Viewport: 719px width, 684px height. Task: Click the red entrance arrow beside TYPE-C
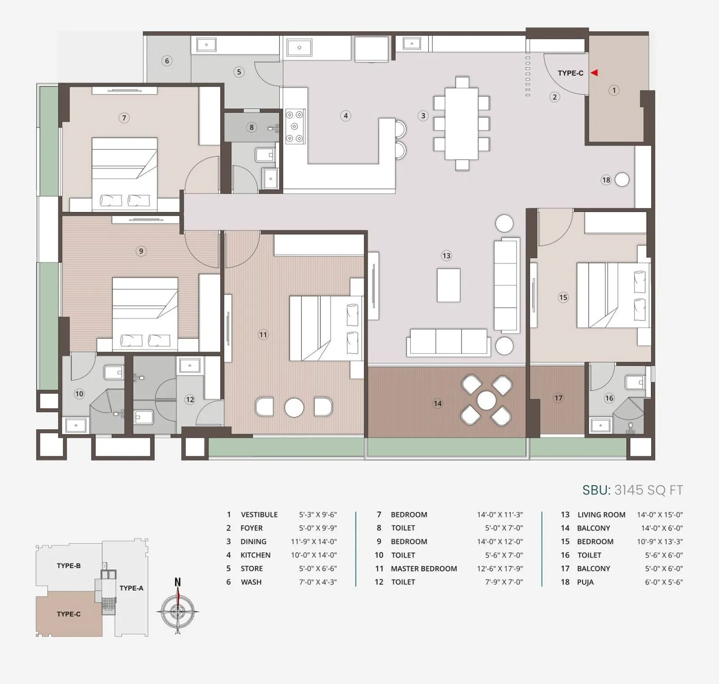(x=594, y=72)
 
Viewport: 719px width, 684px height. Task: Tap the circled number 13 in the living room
(x=446, y=256)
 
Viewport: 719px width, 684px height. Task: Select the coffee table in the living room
(x=448, y=285)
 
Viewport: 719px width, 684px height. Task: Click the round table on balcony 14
(x=486, y=400)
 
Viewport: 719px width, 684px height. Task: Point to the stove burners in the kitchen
(x=295, y=127)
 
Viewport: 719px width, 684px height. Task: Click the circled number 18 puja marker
(x=606, y=180)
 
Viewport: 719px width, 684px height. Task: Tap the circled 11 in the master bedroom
(x=263, y=334)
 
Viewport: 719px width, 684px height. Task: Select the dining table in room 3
(x=462, y=124)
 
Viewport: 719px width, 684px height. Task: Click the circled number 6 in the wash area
(x=167, y=61)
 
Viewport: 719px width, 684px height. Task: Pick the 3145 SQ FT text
(x=648, y=490)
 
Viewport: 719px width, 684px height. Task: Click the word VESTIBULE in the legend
(x=259, y=515)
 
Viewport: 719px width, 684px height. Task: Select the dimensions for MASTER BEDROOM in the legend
(x=500, y=569)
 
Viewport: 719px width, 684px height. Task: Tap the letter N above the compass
(x=178, y=582)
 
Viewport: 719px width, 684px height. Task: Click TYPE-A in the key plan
(x=131, y=588)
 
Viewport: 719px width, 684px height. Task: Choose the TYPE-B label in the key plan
(x=69, y=566)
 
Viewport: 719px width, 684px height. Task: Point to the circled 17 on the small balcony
(x=558, y=398)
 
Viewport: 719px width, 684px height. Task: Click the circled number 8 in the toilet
(x=252, y=127)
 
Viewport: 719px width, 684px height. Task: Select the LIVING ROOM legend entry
(x=601, y=515)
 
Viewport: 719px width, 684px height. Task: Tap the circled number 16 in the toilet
(x=609, y=398)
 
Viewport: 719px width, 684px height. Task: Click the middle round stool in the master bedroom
(x=294, y=407)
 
